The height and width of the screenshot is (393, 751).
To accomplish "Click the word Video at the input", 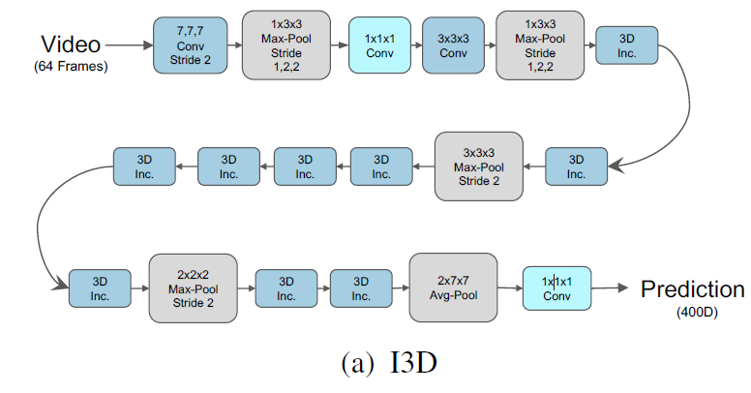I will pos(70,44).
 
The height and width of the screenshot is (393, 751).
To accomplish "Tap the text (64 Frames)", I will pos(70,66).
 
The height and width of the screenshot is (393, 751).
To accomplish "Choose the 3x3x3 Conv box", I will pos(453,45).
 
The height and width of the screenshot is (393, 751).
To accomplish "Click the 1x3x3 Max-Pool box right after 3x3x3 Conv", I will pos(539,45).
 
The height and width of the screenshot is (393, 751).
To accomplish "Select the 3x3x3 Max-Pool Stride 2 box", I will pos(477,166).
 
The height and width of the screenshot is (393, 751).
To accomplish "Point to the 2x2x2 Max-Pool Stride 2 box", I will pos(193,287).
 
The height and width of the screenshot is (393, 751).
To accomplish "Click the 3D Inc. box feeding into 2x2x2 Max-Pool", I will pos(99,287).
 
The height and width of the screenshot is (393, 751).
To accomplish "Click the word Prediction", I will pos(693,289).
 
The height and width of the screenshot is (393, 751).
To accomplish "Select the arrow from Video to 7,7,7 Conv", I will pos(128,45).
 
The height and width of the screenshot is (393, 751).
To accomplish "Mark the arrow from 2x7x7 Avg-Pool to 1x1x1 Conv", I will pos(509,287).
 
